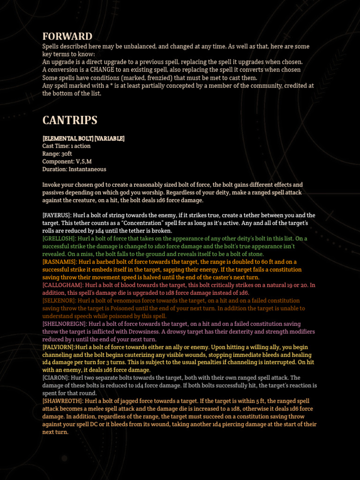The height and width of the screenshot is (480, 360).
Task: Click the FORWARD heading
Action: point(67,36)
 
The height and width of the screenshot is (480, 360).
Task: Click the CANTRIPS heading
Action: point(70,120)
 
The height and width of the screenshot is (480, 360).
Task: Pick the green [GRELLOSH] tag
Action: point(59,239)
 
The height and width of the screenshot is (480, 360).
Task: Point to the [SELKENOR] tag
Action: point(59,300)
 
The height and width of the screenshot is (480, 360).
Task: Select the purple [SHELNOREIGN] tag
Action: point(64,324)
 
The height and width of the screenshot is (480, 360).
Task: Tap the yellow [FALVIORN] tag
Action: point(59,347)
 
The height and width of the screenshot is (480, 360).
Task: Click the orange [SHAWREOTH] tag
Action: point(62,401)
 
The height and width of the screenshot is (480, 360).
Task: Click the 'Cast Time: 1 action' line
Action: point(67,146)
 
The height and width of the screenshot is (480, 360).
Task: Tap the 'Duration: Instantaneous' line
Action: point(74,169)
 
